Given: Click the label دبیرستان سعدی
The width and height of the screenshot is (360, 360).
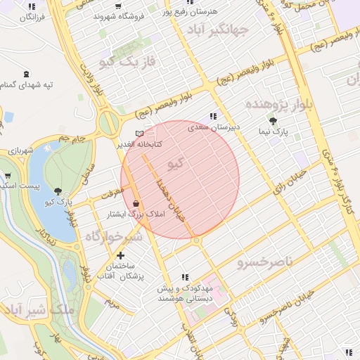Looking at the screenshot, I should [x=214, y=128].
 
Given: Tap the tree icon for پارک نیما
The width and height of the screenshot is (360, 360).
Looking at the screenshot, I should [x=274, y=121].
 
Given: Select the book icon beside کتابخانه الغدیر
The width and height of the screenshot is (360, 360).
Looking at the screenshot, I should [x=139, y=133].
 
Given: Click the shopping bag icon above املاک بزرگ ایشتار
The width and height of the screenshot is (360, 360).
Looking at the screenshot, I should [x=135, y=203].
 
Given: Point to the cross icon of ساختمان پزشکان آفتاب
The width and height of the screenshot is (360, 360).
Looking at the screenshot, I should [x=121, y=255].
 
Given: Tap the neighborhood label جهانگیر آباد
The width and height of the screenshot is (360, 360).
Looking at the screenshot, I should [x=219, y=30].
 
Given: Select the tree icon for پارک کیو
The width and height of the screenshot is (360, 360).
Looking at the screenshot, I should [x=58, y=191].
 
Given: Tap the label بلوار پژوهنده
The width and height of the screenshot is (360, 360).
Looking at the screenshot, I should [x=277, y=103].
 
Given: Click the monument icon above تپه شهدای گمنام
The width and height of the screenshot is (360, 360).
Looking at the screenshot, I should [x=27, y=74].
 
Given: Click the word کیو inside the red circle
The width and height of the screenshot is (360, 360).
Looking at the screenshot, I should [x=176, y=164].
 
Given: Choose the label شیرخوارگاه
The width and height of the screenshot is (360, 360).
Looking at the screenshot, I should [x=114, y=237].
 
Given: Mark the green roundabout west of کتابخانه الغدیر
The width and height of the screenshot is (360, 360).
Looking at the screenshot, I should [x=108, y=124].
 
